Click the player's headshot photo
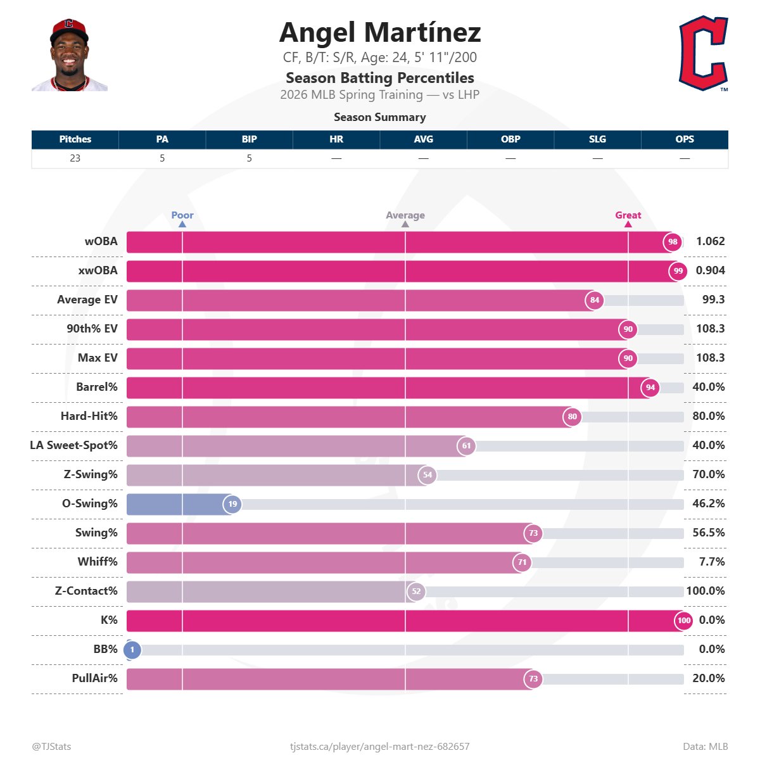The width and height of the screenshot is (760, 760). tap(69, 56)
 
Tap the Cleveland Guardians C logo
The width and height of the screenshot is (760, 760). tap(703, 54)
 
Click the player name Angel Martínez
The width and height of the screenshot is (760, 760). tap(379, 32)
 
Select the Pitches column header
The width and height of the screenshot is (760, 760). tap(75, 139)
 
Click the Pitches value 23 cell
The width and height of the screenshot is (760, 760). tap(75, 158)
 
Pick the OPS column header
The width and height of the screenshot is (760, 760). tap(684, 139)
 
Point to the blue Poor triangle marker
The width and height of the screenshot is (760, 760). tap(182, 224)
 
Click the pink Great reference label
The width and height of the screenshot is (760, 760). tap(628, 215)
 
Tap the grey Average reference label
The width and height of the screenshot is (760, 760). tap(405, 215)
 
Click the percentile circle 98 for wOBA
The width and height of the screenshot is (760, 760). tap(673, 242)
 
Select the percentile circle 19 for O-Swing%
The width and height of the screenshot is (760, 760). tap(232, 504)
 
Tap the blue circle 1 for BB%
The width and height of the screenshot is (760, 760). tap(132, 650)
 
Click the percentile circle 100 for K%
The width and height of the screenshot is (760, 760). tap(684, 621)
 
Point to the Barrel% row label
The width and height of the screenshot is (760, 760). tap(96, 387)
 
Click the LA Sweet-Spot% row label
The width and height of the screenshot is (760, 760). tap(73, 445)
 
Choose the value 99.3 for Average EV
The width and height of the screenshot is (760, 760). tap(713, 300)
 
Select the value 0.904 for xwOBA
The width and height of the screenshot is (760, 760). tap(710, 270)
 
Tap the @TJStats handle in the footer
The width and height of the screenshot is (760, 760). tap(51, 747)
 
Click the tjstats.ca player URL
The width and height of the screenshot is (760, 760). tap(379, 747)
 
